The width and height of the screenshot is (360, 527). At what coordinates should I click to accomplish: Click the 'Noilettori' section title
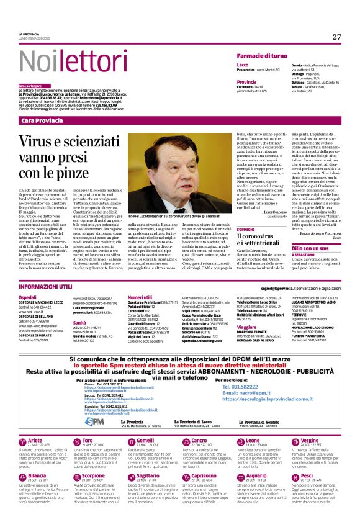click(59, 60)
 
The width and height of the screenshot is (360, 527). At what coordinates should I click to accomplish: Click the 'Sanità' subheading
click(79, 323)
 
